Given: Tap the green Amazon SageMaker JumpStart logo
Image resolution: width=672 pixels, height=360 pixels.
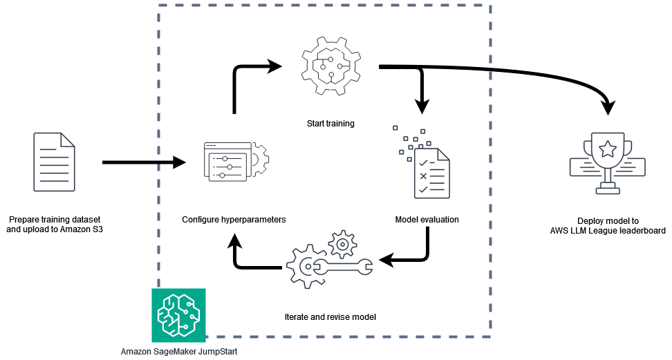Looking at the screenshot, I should (x=178, y=314).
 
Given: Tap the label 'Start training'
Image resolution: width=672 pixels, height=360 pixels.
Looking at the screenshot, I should (x=330, y=124).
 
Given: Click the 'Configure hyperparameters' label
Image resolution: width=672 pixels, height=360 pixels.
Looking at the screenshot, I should (x=234, y=220).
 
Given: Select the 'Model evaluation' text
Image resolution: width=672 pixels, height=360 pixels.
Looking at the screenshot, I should (x=427, y=220).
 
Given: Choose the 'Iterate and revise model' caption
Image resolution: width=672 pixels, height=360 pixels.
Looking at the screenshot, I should (x=330, y=317).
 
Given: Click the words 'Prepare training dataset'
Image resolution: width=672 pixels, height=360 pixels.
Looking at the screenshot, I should (x=54, y=220).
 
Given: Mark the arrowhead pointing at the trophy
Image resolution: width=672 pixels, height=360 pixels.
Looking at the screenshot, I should (x=608, y=106).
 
